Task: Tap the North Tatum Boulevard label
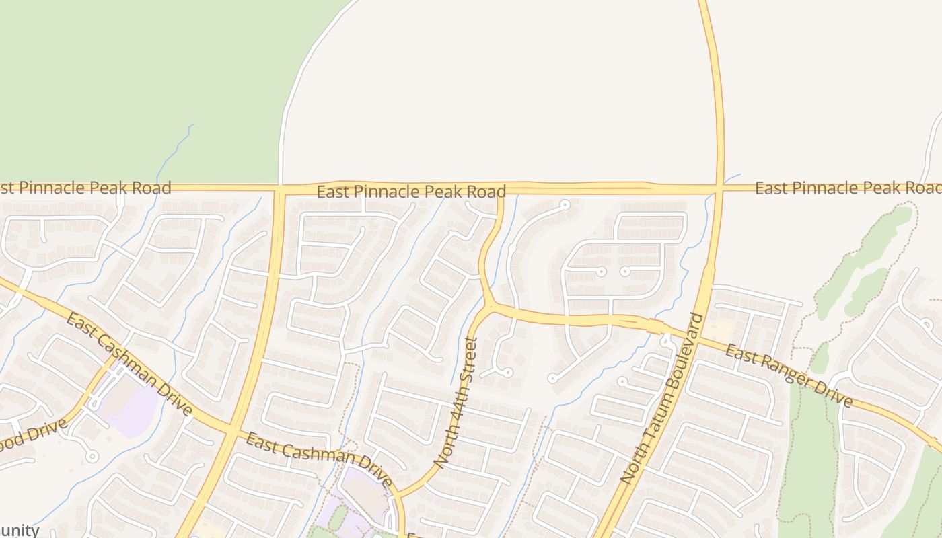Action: click(x=661, y=399)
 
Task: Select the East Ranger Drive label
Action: click(x=789, y=377)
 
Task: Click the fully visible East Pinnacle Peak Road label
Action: click(x=411, y=192)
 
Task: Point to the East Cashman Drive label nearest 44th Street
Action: click(x=318, y=460)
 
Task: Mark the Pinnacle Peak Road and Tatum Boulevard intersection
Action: click(x=719, y=188)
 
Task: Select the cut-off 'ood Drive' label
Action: click(x=34, y=436)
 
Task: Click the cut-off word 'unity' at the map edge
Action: click(x=20, y=530)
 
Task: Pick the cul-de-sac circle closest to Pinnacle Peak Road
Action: click(x=565, y=204)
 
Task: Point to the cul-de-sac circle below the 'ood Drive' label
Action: click(x=92, y=457)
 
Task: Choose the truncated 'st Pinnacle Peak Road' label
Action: click(x=85, y=188)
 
